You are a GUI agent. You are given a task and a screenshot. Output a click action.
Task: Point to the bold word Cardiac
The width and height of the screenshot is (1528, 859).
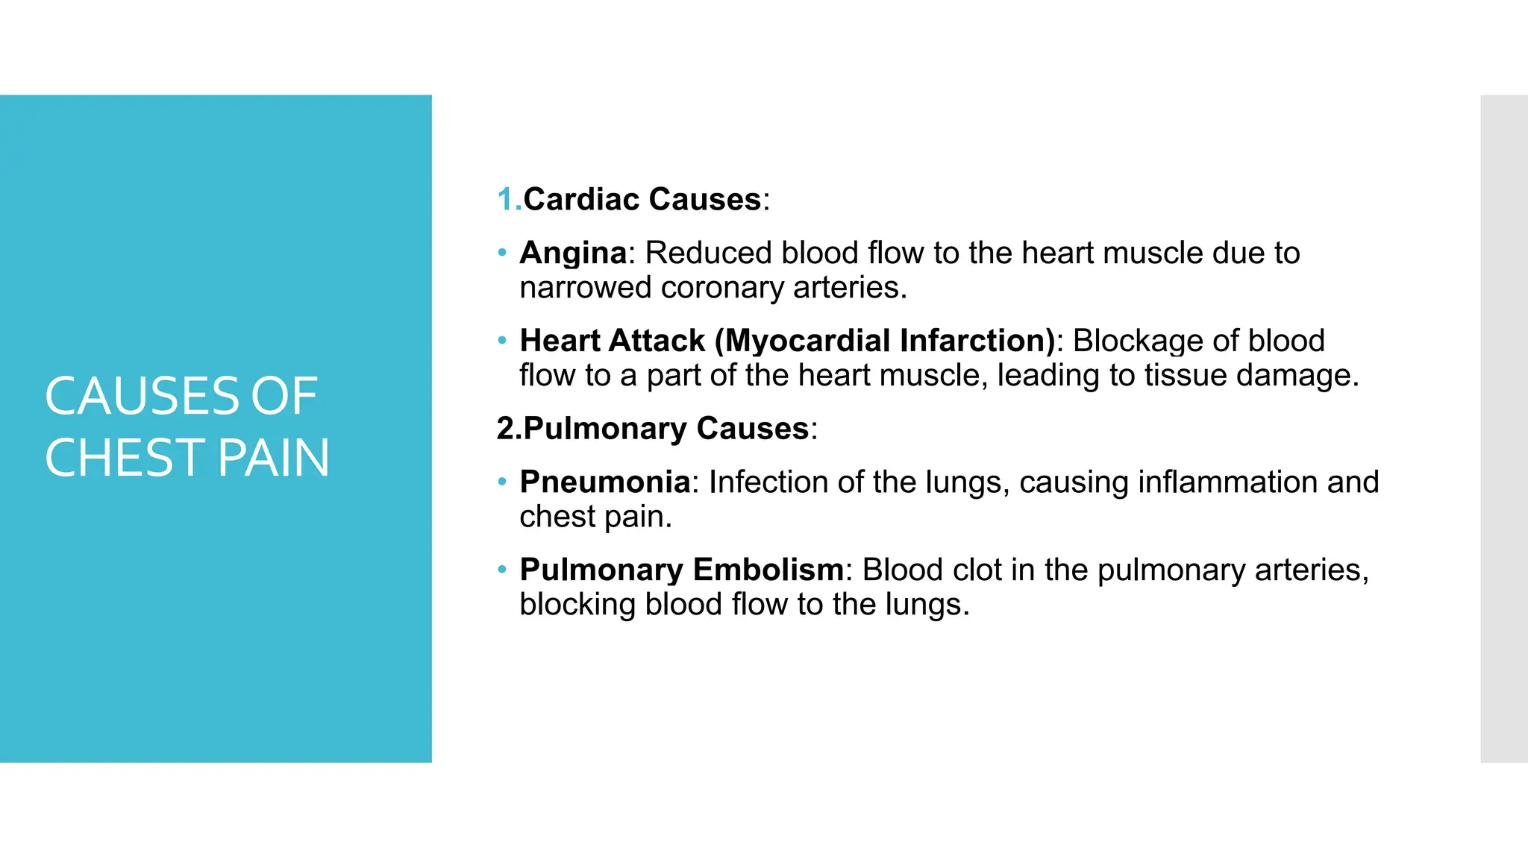point(581,200)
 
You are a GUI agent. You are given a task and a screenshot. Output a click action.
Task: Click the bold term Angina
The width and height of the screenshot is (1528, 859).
point(573,254)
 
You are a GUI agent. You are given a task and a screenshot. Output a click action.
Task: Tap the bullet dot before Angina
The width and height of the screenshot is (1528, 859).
point(502,252)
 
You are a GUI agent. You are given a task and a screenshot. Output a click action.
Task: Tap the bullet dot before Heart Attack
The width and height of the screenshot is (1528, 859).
point(502,341)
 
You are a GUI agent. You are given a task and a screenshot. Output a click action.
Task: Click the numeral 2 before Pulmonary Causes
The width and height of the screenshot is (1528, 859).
point(505,429)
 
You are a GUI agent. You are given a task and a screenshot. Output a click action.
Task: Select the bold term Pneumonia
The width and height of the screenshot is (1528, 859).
point(605,482)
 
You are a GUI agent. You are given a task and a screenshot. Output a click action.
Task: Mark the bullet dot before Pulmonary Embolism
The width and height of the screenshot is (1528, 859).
point(502,570)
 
